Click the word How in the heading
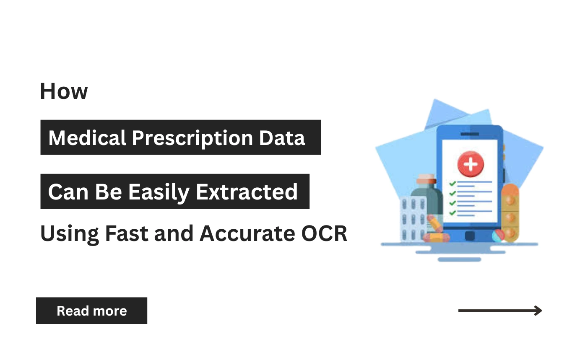(64, 91)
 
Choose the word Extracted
(247, 192)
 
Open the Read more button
(91, 311)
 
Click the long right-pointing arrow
(500, 311)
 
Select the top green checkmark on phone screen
(453, 184)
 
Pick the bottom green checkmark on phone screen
(453, 213)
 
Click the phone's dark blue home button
(470, 236)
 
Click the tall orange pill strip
(510, 212)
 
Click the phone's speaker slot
(470, 134)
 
